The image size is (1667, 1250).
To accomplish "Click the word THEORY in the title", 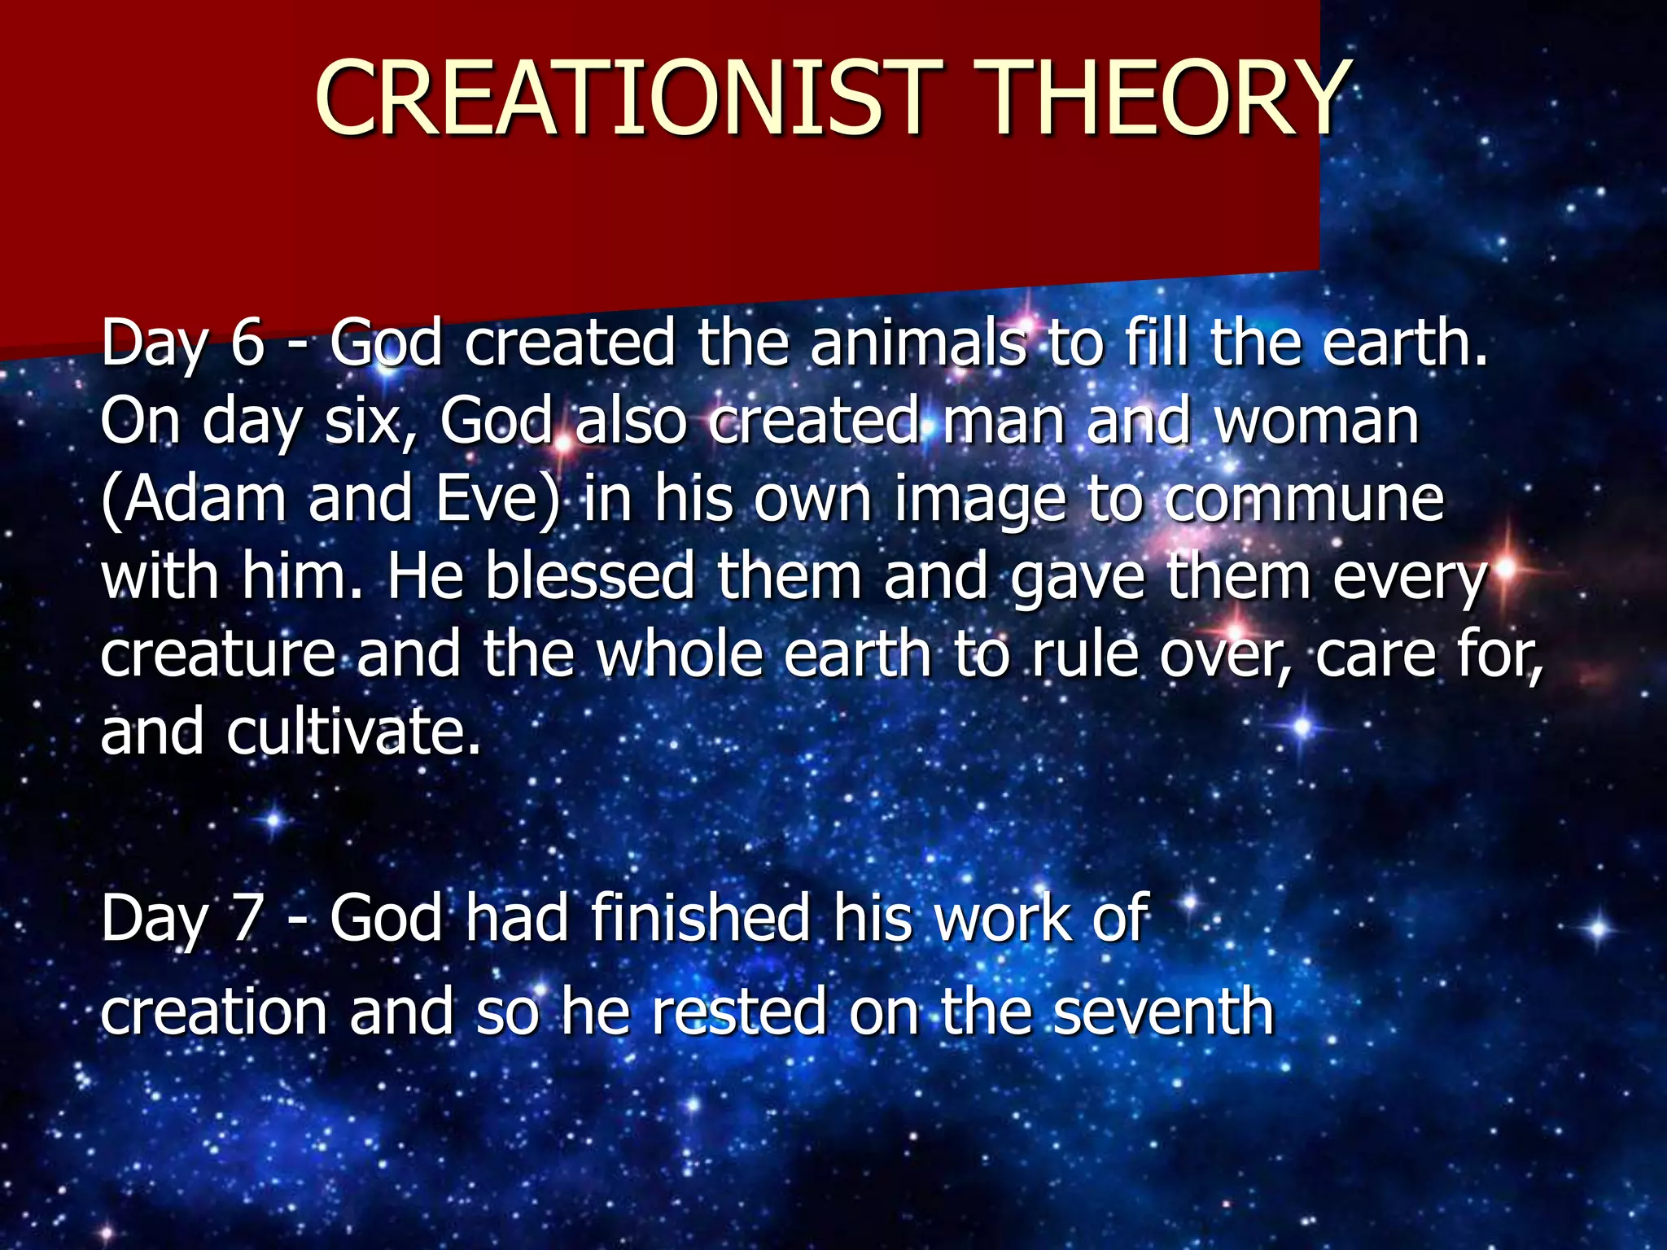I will (1166, 99).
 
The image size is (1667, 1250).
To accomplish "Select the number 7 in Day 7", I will (247, 919).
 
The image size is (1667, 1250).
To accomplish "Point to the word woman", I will (1317, 421).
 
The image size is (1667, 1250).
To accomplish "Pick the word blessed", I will (590, 575).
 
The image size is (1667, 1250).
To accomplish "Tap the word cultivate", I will (352, 732).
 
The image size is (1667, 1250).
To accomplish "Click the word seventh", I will (1164, 1012).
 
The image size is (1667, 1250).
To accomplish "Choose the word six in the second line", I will (373, 421).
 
